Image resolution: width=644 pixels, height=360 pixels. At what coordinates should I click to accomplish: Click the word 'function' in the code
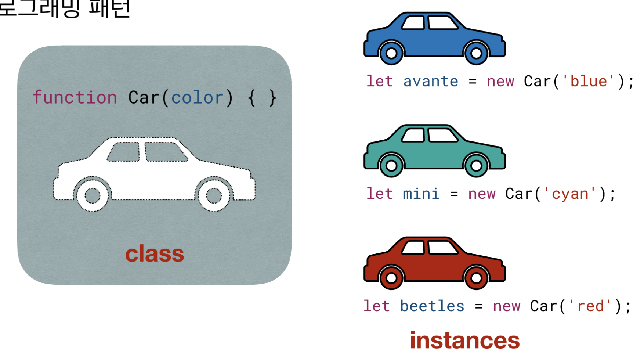(x=75, y=98)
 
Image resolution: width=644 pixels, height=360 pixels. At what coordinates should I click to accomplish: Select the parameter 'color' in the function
(x=197, y=98)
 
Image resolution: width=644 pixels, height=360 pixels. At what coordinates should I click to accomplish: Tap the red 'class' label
(x=155, y=254)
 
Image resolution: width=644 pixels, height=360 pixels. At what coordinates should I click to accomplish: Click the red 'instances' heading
(x=465, y=341)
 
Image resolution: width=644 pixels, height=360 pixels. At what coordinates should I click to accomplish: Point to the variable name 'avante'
(x=431, y=81)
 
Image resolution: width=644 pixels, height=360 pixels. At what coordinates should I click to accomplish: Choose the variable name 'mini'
(x=421, y=194)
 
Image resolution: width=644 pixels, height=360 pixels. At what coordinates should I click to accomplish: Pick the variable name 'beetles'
(x=432, y=306)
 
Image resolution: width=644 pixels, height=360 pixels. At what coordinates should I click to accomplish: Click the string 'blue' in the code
(x=589, y=81)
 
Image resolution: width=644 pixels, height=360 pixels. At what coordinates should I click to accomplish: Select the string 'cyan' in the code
(x=570, y=194)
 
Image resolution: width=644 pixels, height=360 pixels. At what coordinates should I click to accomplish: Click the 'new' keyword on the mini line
(x=482, y=194)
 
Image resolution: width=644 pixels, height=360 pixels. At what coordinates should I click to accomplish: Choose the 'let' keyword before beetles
(x=376, y=306)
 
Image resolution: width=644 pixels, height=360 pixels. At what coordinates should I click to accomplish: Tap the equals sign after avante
(x=473, y=82)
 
